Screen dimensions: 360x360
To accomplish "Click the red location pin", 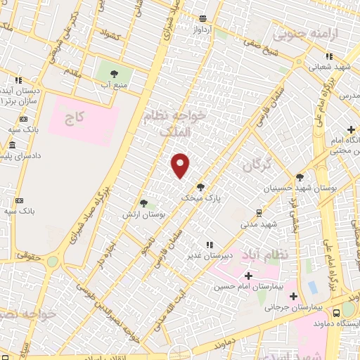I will [x=181, y=165].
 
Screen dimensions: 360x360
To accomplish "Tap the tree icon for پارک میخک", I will [x=201, y=187].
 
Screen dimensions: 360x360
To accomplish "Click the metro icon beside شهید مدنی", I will [x=259, y=213].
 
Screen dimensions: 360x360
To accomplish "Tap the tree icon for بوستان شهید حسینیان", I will [x=300, y=177].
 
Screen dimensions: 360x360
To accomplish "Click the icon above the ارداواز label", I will [x=202, y=19].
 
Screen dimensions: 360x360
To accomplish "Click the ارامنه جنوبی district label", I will [x=307, y=33].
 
